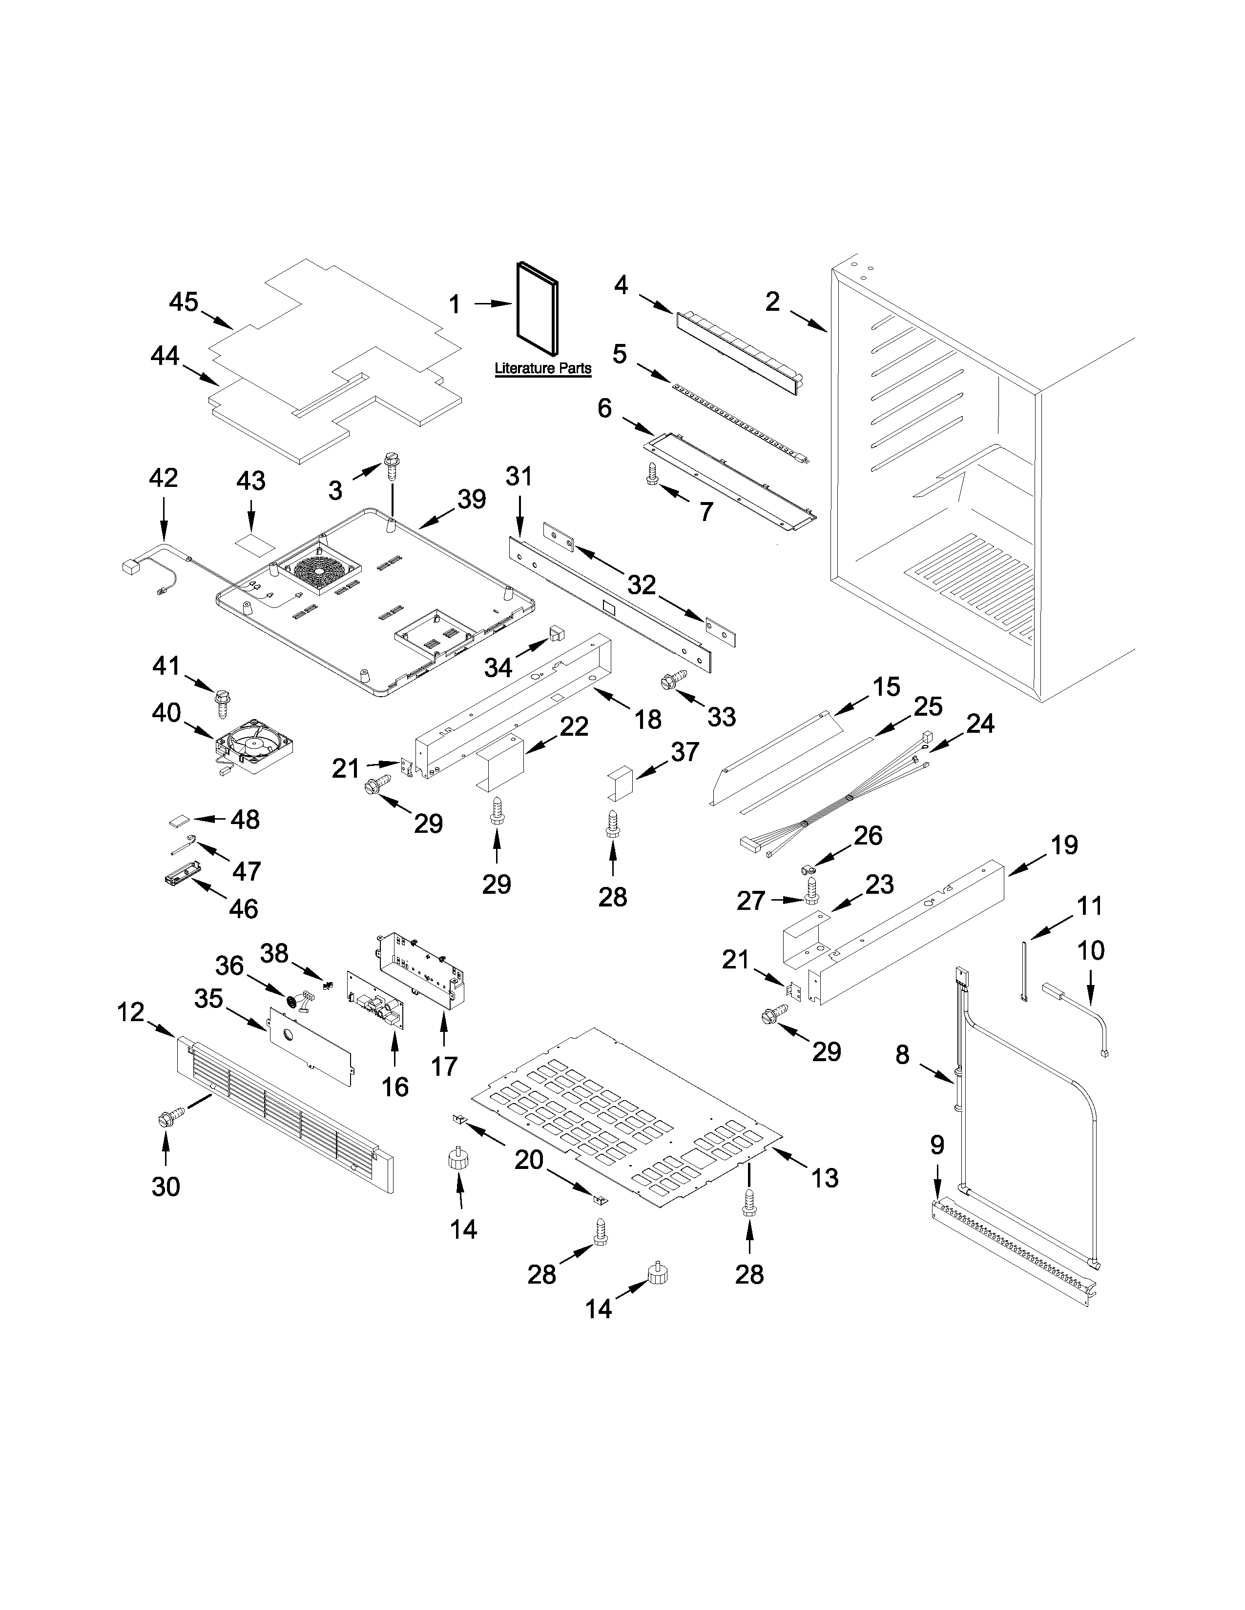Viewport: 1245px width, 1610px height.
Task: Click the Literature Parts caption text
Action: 543,368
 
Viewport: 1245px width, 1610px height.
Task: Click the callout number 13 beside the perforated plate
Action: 825,1178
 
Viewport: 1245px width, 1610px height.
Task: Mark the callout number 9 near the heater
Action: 936,1145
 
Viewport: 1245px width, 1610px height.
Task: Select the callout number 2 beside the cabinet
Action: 772,302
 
